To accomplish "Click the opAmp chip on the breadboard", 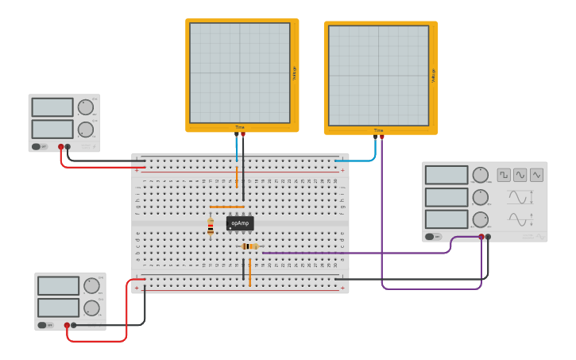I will click(240, 223).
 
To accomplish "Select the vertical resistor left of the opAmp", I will click(211, 226).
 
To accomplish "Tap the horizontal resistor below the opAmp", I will click(250, 246).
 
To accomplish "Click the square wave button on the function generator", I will click(504, 175).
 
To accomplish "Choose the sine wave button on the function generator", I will click(520, 175).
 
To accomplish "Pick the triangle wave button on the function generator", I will click(537, 175).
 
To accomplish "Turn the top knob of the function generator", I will click(480, 175).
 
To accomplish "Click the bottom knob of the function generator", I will click(480, 219).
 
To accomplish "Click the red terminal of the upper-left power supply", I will click(60, 146).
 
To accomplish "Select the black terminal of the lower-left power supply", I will click(74, 324).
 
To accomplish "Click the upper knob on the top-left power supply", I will click(86, 107).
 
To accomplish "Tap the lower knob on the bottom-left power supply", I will click(91, 308).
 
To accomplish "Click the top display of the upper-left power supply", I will click(52, 107).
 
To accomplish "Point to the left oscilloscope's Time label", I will click(240, 127).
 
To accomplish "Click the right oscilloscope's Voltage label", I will click(434, 75).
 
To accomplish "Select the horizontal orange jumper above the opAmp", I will click(226, 207).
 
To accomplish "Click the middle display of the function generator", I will click(446, 197).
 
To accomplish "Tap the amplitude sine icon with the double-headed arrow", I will click(520, 197).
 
